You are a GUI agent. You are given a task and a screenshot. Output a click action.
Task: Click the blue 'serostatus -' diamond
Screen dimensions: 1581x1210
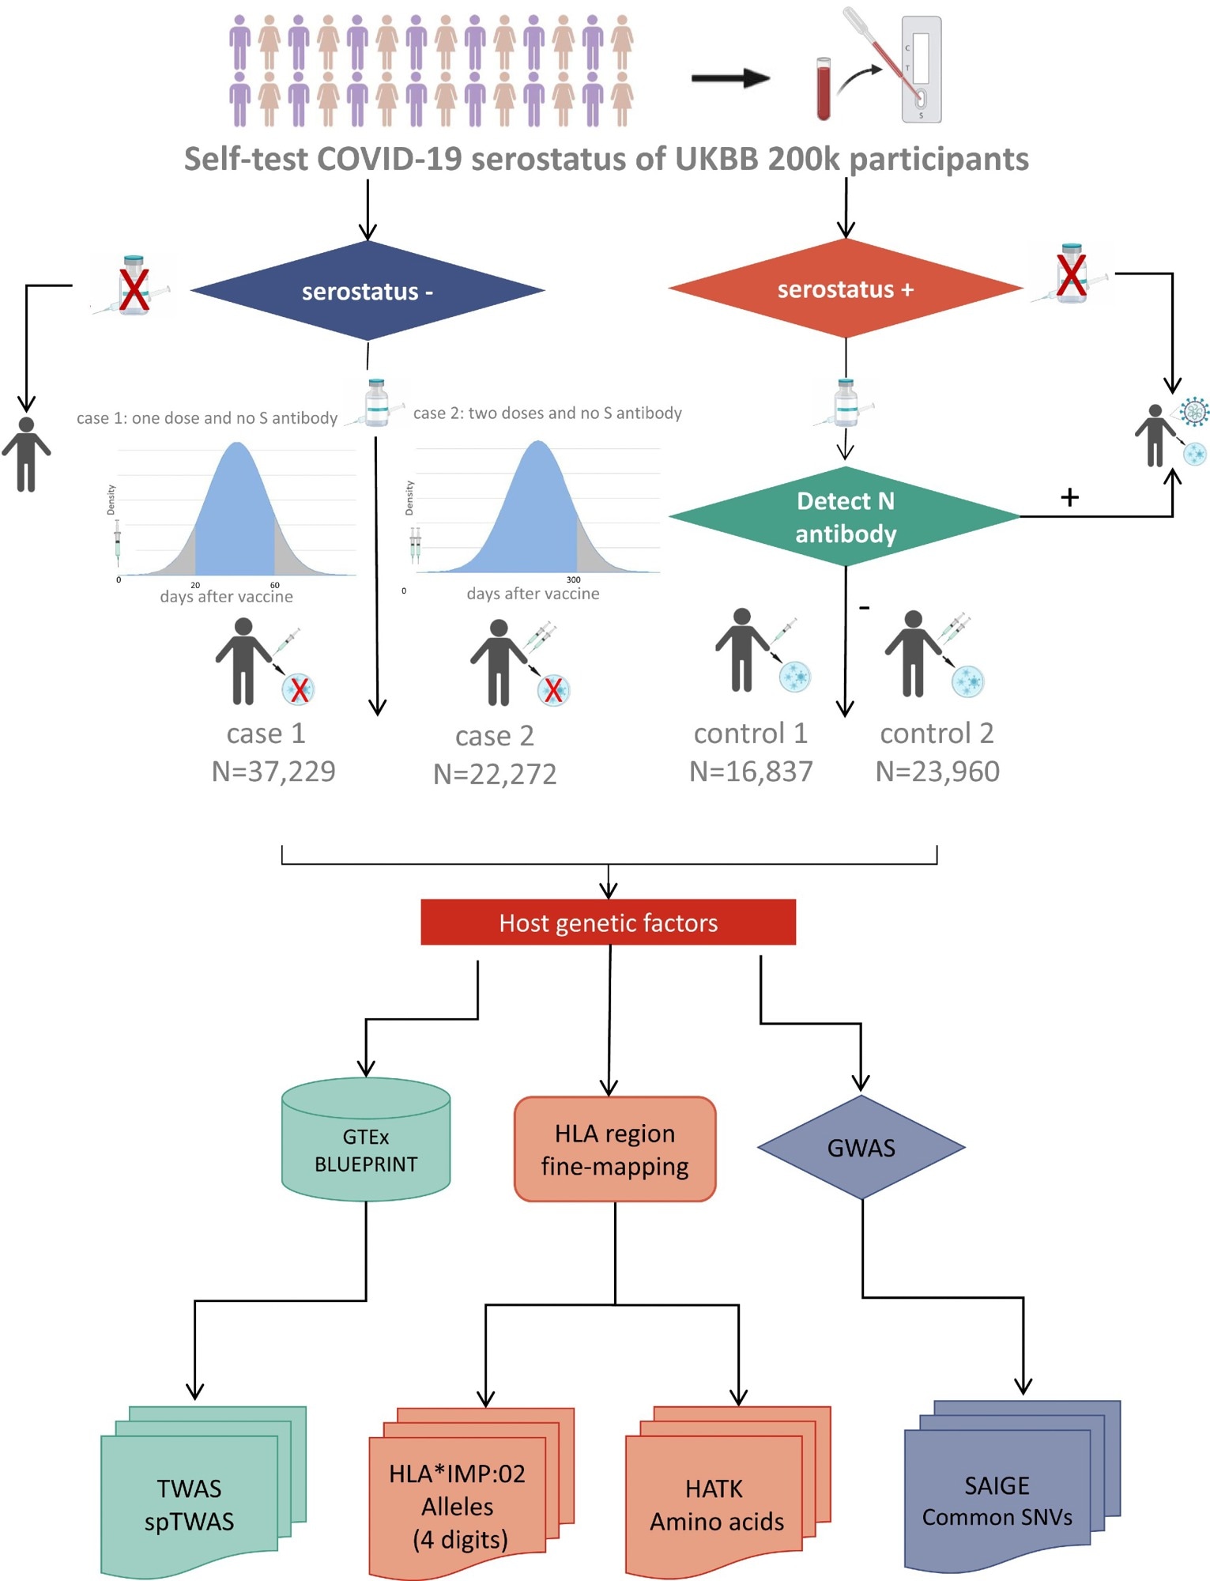pos(368,291)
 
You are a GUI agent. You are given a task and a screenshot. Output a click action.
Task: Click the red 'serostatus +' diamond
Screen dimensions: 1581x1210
pos(845,289)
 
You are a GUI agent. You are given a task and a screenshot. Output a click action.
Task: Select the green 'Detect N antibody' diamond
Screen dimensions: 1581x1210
pos(845,517)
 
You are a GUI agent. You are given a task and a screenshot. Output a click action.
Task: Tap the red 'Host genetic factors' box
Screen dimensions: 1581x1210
pos(608,923)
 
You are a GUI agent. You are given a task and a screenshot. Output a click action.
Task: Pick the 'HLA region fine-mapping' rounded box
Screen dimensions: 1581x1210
pos(615,1149)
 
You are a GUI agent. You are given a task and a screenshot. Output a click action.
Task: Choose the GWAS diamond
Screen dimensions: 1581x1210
pos(861,1148)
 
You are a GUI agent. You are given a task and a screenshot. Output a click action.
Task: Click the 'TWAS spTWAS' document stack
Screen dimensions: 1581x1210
pos(190,1504)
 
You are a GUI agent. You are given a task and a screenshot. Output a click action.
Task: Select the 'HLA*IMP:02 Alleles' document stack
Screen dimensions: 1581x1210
pos(458,1506)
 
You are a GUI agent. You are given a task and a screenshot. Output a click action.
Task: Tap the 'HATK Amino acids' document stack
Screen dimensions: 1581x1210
pos(716,1504)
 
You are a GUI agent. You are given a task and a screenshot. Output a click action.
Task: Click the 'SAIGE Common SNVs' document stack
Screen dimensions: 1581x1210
pos(997,1500)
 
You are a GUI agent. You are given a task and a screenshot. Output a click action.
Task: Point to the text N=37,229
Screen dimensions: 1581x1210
pos(273,772)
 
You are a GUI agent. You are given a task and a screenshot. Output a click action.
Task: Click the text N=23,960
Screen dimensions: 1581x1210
pos(937,772)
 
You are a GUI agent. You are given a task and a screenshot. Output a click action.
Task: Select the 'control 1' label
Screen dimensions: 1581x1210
pos(750,734)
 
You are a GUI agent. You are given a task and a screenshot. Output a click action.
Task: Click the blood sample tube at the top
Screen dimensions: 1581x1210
pos(824,89)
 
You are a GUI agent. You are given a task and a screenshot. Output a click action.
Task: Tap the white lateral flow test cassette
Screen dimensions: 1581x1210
pos(922,70)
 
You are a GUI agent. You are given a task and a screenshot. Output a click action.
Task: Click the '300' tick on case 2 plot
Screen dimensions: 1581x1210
pos(574,580)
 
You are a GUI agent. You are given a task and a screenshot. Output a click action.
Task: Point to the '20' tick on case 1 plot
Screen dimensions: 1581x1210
pos(195,586)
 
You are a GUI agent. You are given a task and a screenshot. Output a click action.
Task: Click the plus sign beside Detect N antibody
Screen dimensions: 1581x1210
pos(1069,497)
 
